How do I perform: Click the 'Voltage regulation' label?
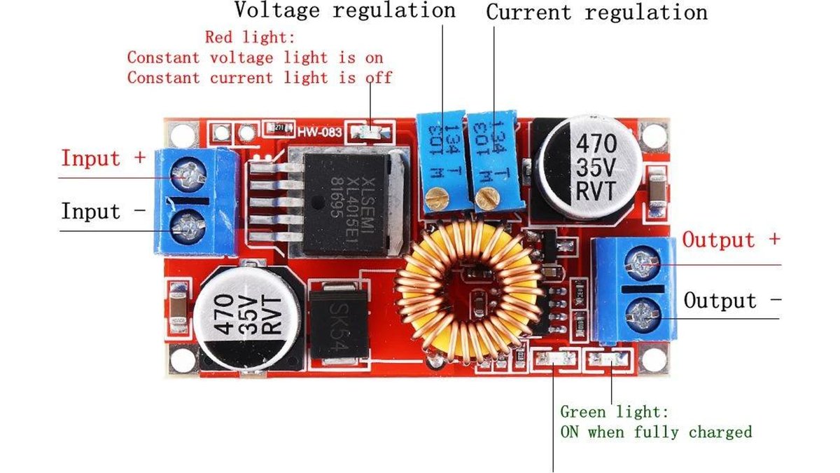(344, 11)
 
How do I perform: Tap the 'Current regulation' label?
(596, 13)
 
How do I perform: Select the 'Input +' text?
(103, 158)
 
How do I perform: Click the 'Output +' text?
(731, 240)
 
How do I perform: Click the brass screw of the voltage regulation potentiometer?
(438, 201)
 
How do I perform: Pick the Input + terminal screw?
(190, 172)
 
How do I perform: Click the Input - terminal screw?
(189, 224)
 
